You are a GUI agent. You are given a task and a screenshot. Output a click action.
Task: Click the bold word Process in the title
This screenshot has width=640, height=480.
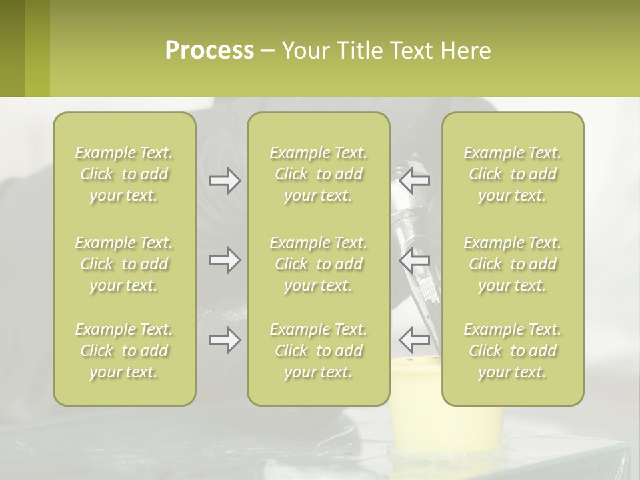tap(209, 51)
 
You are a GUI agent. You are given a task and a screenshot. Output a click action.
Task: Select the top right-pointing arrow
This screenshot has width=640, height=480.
tap(225, 181)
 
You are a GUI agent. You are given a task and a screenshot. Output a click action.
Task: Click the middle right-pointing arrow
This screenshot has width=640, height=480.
tap(225, 260)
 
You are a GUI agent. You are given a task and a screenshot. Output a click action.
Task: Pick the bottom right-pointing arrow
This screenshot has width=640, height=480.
tap(225, 340)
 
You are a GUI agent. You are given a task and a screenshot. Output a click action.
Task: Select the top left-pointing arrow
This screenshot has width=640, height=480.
tap(415, 179)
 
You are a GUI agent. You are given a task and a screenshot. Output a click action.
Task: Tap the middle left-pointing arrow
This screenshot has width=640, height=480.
tap(415, 259)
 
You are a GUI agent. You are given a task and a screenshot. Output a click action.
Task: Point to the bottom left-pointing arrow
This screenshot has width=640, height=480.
tap(415, 339)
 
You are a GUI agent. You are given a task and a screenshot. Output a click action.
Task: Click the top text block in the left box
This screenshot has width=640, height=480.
tap(124, 174)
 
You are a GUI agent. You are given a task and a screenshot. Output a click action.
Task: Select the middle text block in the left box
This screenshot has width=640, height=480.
tap(124, 264)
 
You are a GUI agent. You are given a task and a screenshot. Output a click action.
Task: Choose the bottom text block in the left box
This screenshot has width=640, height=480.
tap(124, 351)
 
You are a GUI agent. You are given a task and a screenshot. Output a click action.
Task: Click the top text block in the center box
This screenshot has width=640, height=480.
tap(319, 174)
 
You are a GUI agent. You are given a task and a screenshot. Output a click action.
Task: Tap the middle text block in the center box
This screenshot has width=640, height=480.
tap(319, 264)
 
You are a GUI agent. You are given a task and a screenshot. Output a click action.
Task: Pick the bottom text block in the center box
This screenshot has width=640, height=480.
tap(319, 351)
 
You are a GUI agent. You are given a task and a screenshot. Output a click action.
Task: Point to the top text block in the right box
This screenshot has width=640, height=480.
tap(513, 174)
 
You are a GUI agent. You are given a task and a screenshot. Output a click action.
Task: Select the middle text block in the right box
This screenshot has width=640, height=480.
tap(513, 264)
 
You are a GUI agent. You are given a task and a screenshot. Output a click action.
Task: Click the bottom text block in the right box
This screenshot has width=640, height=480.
tap(513, 351)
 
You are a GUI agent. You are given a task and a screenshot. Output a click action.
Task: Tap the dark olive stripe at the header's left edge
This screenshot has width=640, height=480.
tap(12, 48)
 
